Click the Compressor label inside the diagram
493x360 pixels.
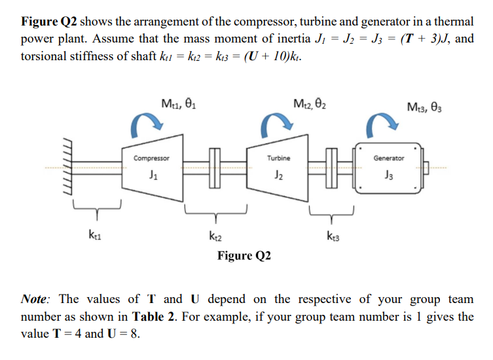point(152,158)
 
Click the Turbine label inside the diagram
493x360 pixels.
point(279,158)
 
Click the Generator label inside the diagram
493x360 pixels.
point(388,158)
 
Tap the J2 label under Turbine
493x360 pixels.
point(279,175)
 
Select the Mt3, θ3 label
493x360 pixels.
point(426,106)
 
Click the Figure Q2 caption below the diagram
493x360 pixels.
point(244,255)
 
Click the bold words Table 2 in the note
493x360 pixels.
point(152,317)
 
